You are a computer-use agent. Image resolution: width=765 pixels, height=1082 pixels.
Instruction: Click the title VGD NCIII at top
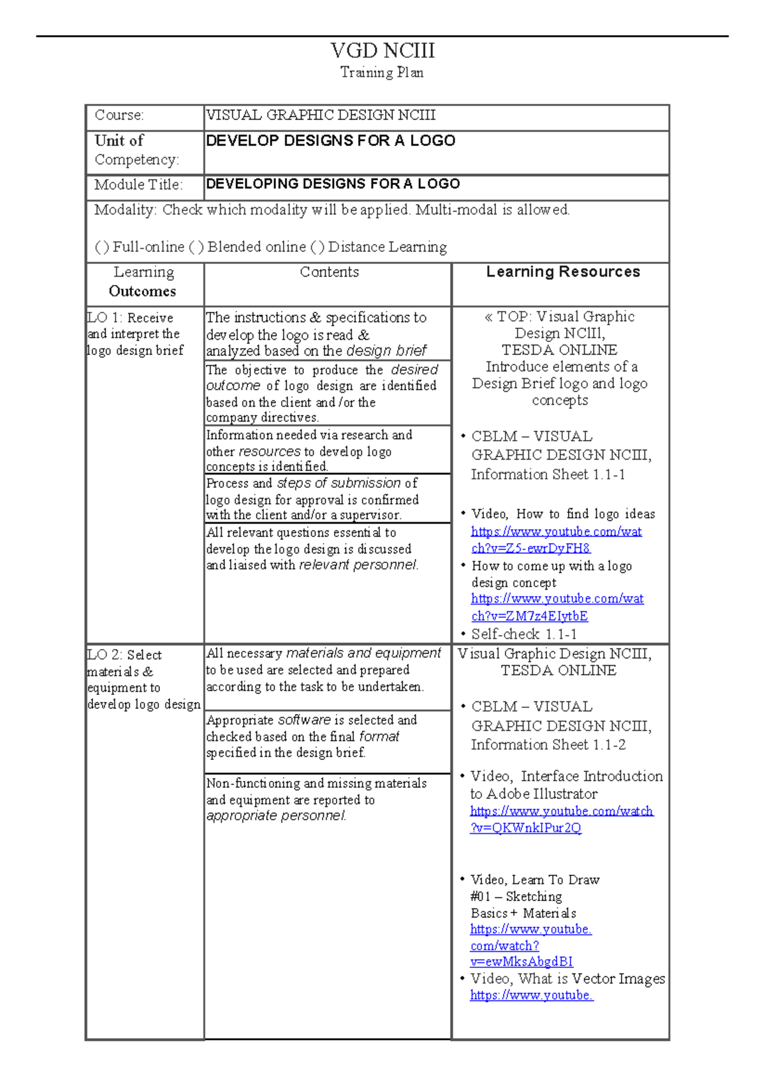pyautogui.click(x=382, y=50)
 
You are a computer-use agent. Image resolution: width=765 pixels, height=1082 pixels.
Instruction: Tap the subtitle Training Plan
pyautogui.click(x=382, y=73)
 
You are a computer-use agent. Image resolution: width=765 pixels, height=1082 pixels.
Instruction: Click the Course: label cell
pyautogui.click(x=119, y=115)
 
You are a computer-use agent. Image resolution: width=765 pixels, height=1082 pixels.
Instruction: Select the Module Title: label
pyautogui.click(x=138, y=185)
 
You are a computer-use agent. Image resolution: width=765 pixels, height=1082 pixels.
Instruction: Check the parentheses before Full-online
pyautogui.click(x=102, y=247)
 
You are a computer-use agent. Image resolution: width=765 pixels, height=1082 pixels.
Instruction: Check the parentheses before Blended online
pyautogui.click(x=196, y=247)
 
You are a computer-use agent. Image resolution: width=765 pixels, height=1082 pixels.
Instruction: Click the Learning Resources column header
pyautogui.click(x=563, y=272)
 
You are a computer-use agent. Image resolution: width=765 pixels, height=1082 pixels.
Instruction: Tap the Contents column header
pyautogui.click(x=329, y=272)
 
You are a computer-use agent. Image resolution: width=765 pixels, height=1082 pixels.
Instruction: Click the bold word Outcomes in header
pyautogui.click(x=142, y=291)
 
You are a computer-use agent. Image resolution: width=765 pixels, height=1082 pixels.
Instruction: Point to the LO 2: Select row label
pyautogui.click(x=125, y=655)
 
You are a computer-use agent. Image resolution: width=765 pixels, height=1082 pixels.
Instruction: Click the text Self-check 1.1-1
pyautogui.click(x=523, y=634)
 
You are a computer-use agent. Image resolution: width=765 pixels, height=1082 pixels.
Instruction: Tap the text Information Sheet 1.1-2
pyautogui.click(x=548, y=745)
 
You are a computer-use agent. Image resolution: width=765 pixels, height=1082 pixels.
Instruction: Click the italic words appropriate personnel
pyautogui.click(x=276, y=816)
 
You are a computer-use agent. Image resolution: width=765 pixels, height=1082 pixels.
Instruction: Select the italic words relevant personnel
pyautogui.click(x=358, y=565)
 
